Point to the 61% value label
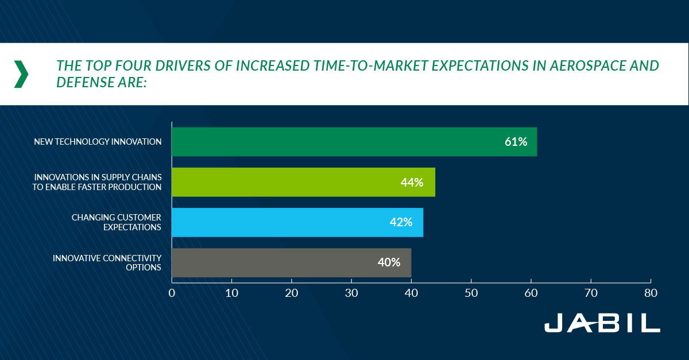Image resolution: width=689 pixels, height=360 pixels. [516, 142]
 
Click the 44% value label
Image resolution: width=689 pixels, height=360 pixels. [412, 183]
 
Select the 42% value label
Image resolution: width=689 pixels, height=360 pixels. [401, 222]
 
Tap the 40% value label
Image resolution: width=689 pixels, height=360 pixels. [389, 262]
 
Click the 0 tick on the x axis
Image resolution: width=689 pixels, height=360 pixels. [172, 292]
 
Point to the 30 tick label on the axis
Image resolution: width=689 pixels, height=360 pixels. [351, 292]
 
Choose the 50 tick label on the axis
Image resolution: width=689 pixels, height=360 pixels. [471, 292]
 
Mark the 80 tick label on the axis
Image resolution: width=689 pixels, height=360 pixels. [650, 292]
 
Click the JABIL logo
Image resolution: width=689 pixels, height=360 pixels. [602, 323]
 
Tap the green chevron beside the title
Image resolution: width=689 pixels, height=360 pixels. [21, 74]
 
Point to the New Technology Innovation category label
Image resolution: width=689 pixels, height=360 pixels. [98, 142]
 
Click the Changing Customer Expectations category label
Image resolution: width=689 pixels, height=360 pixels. [117, 222]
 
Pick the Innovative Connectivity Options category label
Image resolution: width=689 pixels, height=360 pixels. [107, 262]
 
